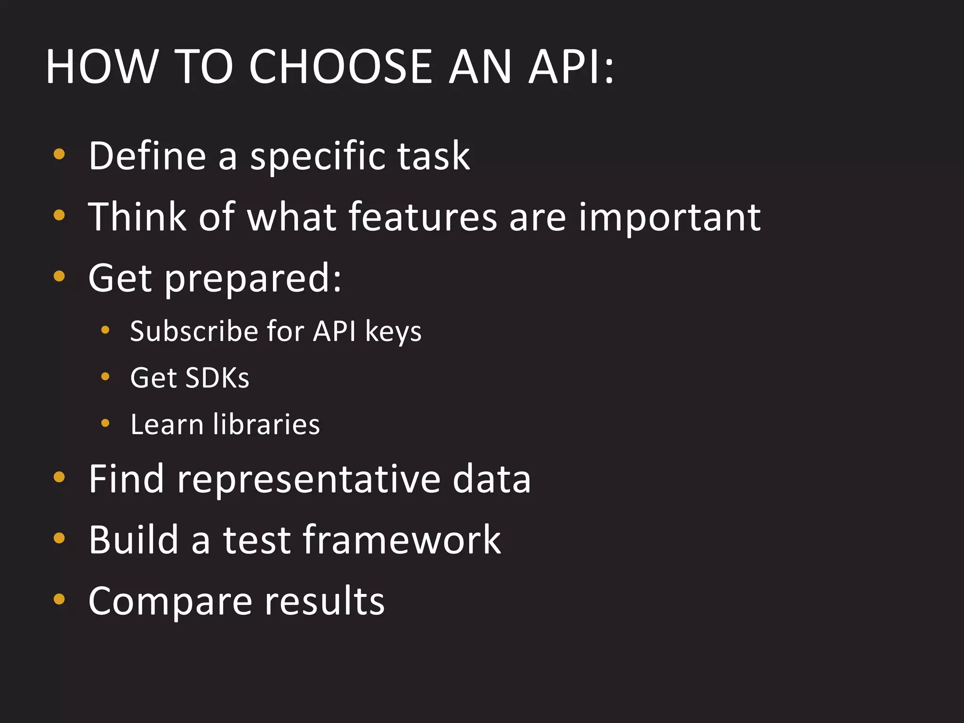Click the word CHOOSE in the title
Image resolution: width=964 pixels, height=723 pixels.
click(340, 67)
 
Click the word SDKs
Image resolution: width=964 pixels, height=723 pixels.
click(217, 378)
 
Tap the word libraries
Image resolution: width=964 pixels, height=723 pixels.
click(266, 424)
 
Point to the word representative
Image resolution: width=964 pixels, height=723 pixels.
click(308, 480)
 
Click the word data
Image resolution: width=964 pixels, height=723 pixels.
click(491, 479)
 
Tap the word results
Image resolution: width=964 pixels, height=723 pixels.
click(324, 601)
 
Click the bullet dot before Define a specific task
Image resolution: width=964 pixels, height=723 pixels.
click(59, 154)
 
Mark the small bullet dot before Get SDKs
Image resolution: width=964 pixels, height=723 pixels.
click(105, 377)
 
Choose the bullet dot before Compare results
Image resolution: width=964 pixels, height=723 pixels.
click(59, 599)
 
